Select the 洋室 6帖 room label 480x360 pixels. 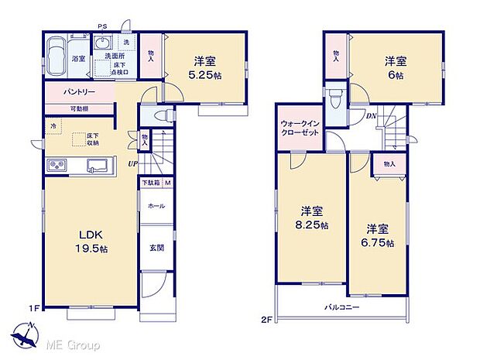pos(397,67)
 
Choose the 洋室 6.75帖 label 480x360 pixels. pos(380,236)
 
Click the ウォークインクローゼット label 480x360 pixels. pos(299,127)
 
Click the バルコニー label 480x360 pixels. pos(341,307)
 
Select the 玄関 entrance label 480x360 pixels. pos(155,249)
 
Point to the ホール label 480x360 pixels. pos(155,207)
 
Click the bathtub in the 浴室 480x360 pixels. pos(57,57)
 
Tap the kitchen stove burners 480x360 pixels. pos(58,164)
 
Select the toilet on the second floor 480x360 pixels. pos(334,100)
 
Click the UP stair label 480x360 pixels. pos(134,163)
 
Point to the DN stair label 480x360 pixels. pos(371,115)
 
